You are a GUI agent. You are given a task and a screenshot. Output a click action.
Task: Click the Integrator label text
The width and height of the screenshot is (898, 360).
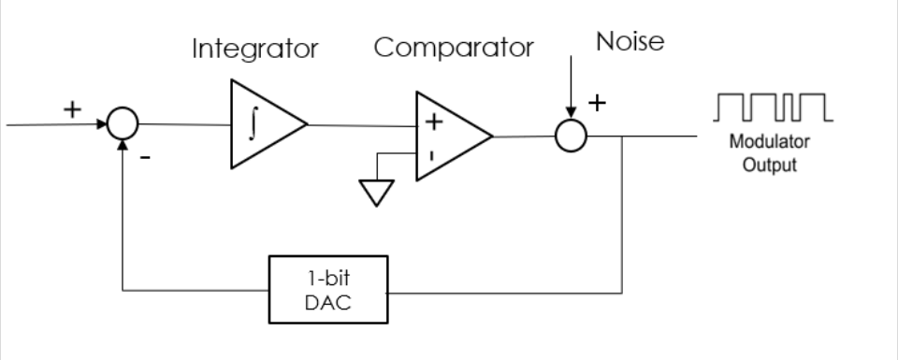[x=254, y=50]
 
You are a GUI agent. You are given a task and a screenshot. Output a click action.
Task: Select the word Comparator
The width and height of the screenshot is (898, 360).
[x=454, y=48]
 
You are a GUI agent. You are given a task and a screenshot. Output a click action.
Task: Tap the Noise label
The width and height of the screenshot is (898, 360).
[x=630, y=41]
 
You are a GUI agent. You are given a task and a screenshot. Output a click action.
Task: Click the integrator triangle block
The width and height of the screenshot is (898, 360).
[x=268, y=124]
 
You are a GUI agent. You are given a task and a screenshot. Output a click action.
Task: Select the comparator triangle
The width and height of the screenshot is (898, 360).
[x=455, y=137]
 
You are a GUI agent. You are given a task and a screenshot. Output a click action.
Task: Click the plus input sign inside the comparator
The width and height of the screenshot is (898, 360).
[x=433, y=122]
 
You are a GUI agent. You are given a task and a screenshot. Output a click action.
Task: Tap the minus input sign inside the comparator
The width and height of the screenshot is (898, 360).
[x=431, y=155]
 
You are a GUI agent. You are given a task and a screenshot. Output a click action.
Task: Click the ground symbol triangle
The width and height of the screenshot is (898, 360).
[x=376, y=193]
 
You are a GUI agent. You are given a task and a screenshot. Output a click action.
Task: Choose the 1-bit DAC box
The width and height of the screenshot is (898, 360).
[x=328, y=290]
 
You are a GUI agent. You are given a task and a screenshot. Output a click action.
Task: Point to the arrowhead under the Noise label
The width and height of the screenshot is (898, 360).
[x=571, y=111]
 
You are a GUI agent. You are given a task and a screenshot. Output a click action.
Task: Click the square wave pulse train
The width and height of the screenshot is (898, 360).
[x=773, y=107]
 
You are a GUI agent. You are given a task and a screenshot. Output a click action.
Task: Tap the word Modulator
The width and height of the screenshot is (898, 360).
[x=769, y=141]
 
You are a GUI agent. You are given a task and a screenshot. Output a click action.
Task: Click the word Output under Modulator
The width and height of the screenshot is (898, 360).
[x=770, y=165]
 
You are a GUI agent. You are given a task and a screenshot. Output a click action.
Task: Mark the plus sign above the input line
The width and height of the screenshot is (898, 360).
[x=72, y=109]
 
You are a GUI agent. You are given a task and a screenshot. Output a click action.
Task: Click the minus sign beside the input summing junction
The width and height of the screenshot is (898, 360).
[x=146, y=157]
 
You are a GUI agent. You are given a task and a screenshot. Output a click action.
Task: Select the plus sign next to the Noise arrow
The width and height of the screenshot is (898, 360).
[x=598, y=103]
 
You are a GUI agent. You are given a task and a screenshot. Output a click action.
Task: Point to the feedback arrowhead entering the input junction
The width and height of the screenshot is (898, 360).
[x=123, y=145]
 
